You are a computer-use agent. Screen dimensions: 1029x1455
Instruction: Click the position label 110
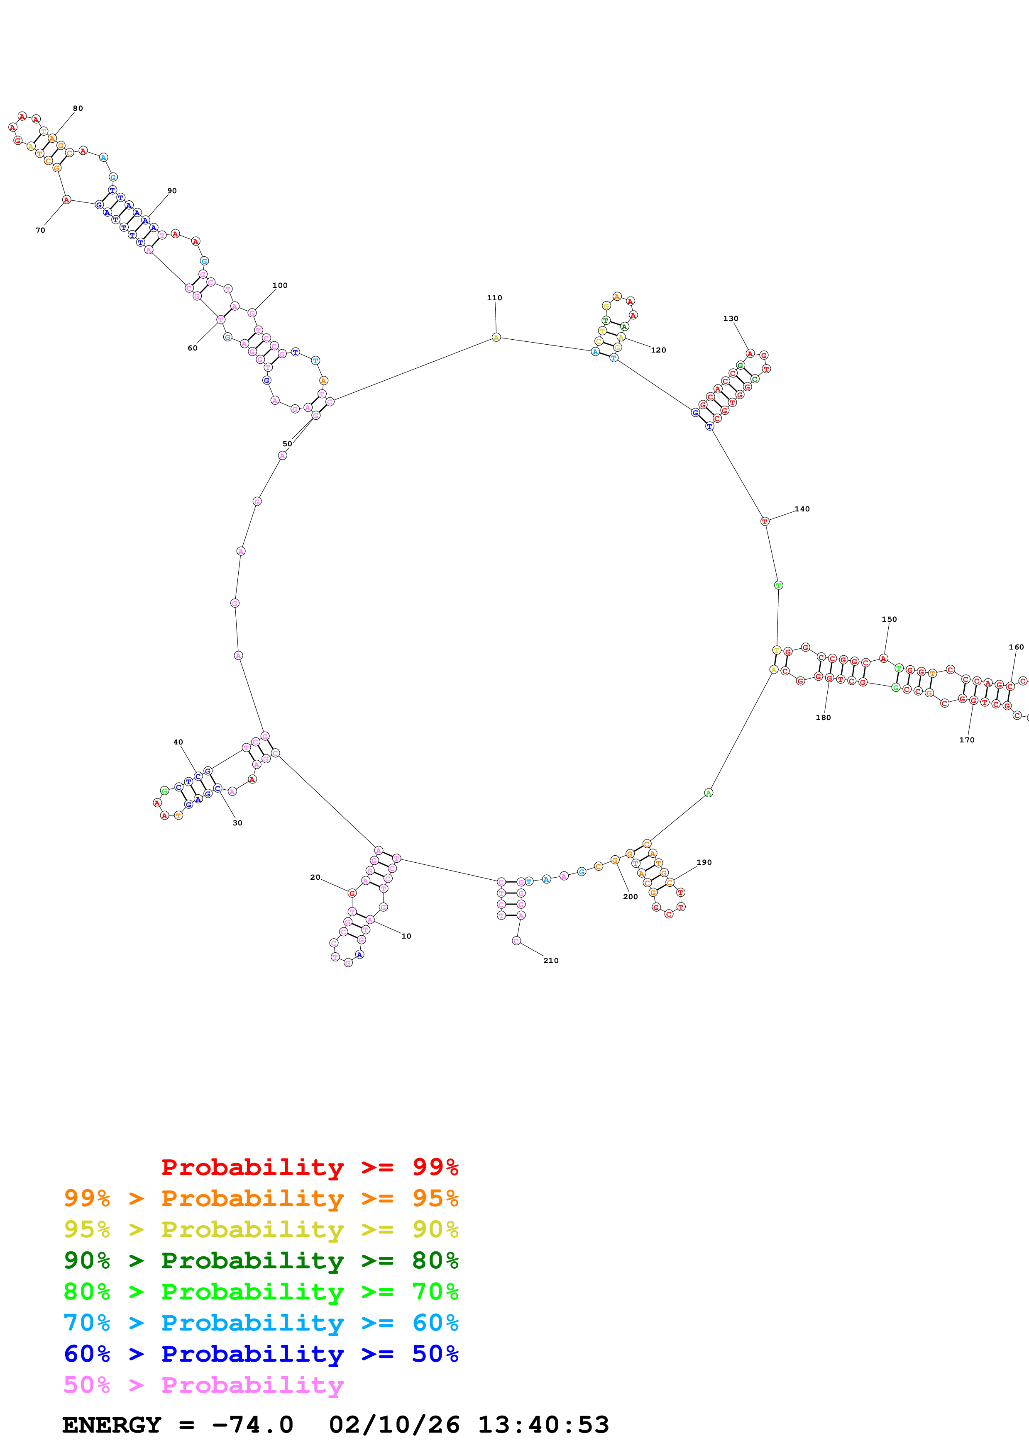tap(494, 298)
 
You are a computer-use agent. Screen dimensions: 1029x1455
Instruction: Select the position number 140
tap(802, 509)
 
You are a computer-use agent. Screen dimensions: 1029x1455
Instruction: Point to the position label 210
tap(550, 961)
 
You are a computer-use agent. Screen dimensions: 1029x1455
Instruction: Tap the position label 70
tap(40, 231)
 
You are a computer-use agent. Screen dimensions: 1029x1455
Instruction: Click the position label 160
tap(1016, 647)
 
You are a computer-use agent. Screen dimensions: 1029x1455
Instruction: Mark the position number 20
tap(315, 878)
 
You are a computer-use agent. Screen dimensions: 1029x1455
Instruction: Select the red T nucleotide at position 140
tap(764, 521)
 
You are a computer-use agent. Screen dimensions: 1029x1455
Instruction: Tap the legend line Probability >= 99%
tap(309, 1167)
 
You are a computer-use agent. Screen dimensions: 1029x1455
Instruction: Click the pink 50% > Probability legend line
tap(203, 1384)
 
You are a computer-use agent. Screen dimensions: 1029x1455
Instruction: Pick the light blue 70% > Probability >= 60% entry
tap(261, 1323)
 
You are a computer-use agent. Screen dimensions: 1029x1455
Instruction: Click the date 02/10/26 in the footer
tap(394, 1425)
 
